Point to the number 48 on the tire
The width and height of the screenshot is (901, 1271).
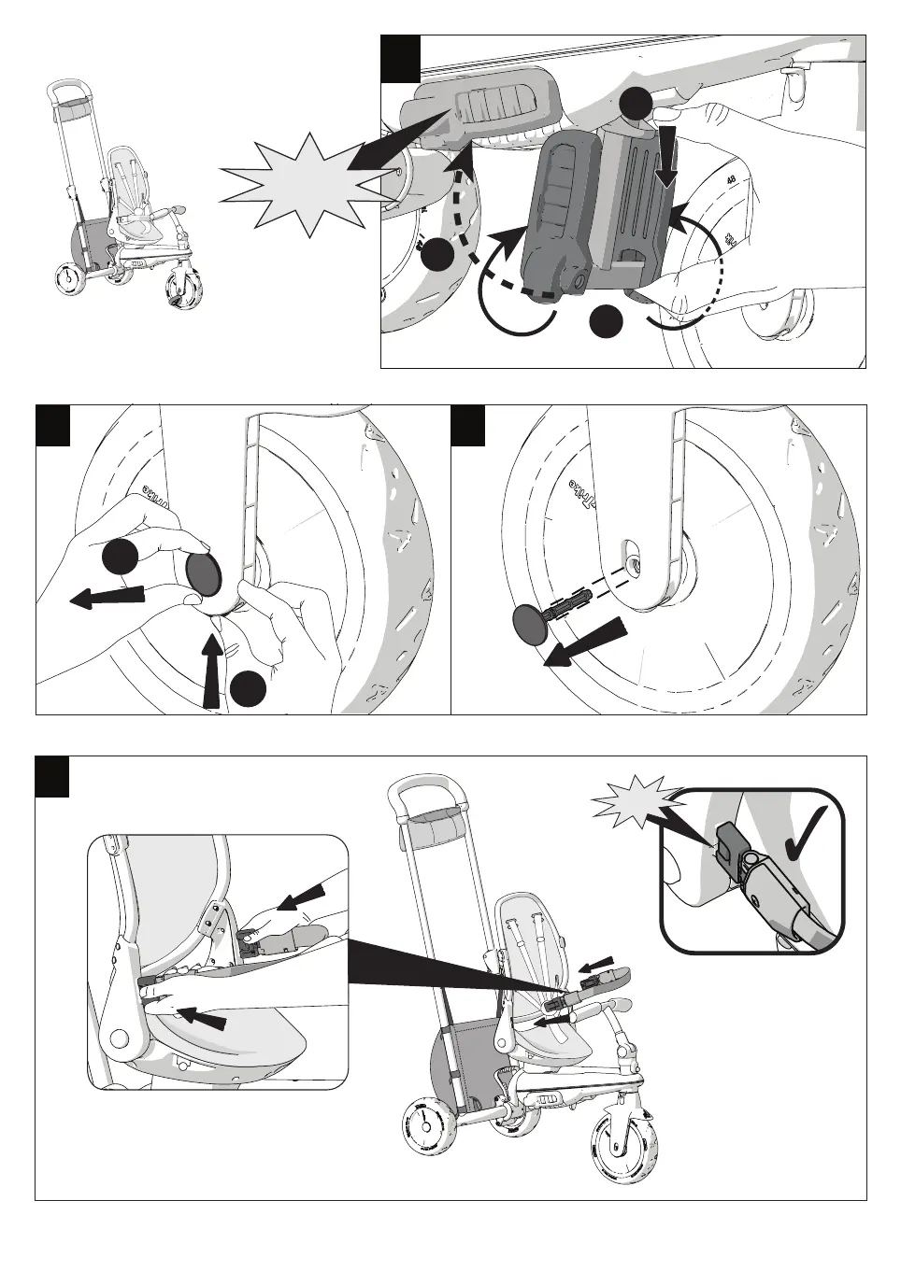pyautogui.click(x=732, y=180)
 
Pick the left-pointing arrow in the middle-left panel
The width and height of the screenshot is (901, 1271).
pyautogui.click(x=107, y=596)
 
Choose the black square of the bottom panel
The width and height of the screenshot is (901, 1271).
pyautogui.click(x=52, y=777)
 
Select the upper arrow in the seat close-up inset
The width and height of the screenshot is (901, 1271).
pyautogui.click(x=303, y=898)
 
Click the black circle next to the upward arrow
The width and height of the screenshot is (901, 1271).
pyautogui.click(x=250, y=688)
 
